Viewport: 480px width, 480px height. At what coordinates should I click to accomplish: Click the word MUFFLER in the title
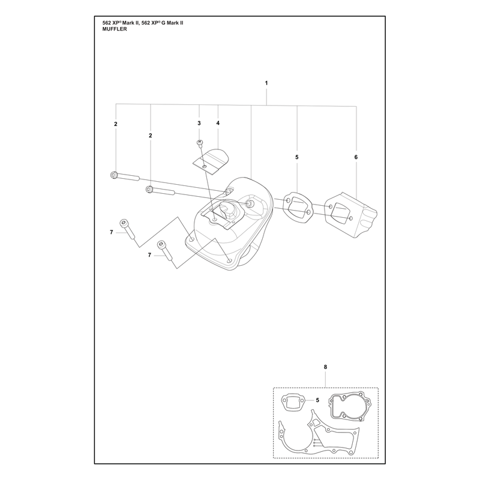115,29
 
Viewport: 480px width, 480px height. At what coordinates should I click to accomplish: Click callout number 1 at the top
266,83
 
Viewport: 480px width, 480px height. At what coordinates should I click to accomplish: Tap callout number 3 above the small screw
199,123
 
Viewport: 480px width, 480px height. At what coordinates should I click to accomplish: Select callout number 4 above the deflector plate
218,123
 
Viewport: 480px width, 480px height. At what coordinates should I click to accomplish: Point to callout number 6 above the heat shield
356,157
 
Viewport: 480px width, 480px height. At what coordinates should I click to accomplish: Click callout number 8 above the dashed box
325,367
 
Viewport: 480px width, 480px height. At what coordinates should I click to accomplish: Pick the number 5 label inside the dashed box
317,400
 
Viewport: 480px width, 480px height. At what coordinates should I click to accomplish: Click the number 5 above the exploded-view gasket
296,157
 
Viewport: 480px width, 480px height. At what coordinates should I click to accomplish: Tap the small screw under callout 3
200,143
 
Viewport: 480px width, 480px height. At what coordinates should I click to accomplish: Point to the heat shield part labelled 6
350,214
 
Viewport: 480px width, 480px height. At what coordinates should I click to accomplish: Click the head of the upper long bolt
113,175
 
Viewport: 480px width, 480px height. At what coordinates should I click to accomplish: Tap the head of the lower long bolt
149,190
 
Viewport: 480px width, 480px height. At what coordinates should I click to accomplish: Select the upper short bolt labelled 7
127,229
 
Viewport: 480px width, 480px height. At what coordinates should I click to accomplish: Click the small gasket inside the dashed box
293,401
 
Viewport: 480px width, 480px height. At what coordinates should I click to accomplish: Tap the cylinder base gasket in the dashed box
350,407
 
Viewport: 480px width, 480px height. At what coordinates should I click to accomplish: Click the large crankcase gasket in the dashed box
319,434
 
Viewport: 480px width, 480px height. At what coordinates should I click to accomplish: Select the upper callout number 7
112,232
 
